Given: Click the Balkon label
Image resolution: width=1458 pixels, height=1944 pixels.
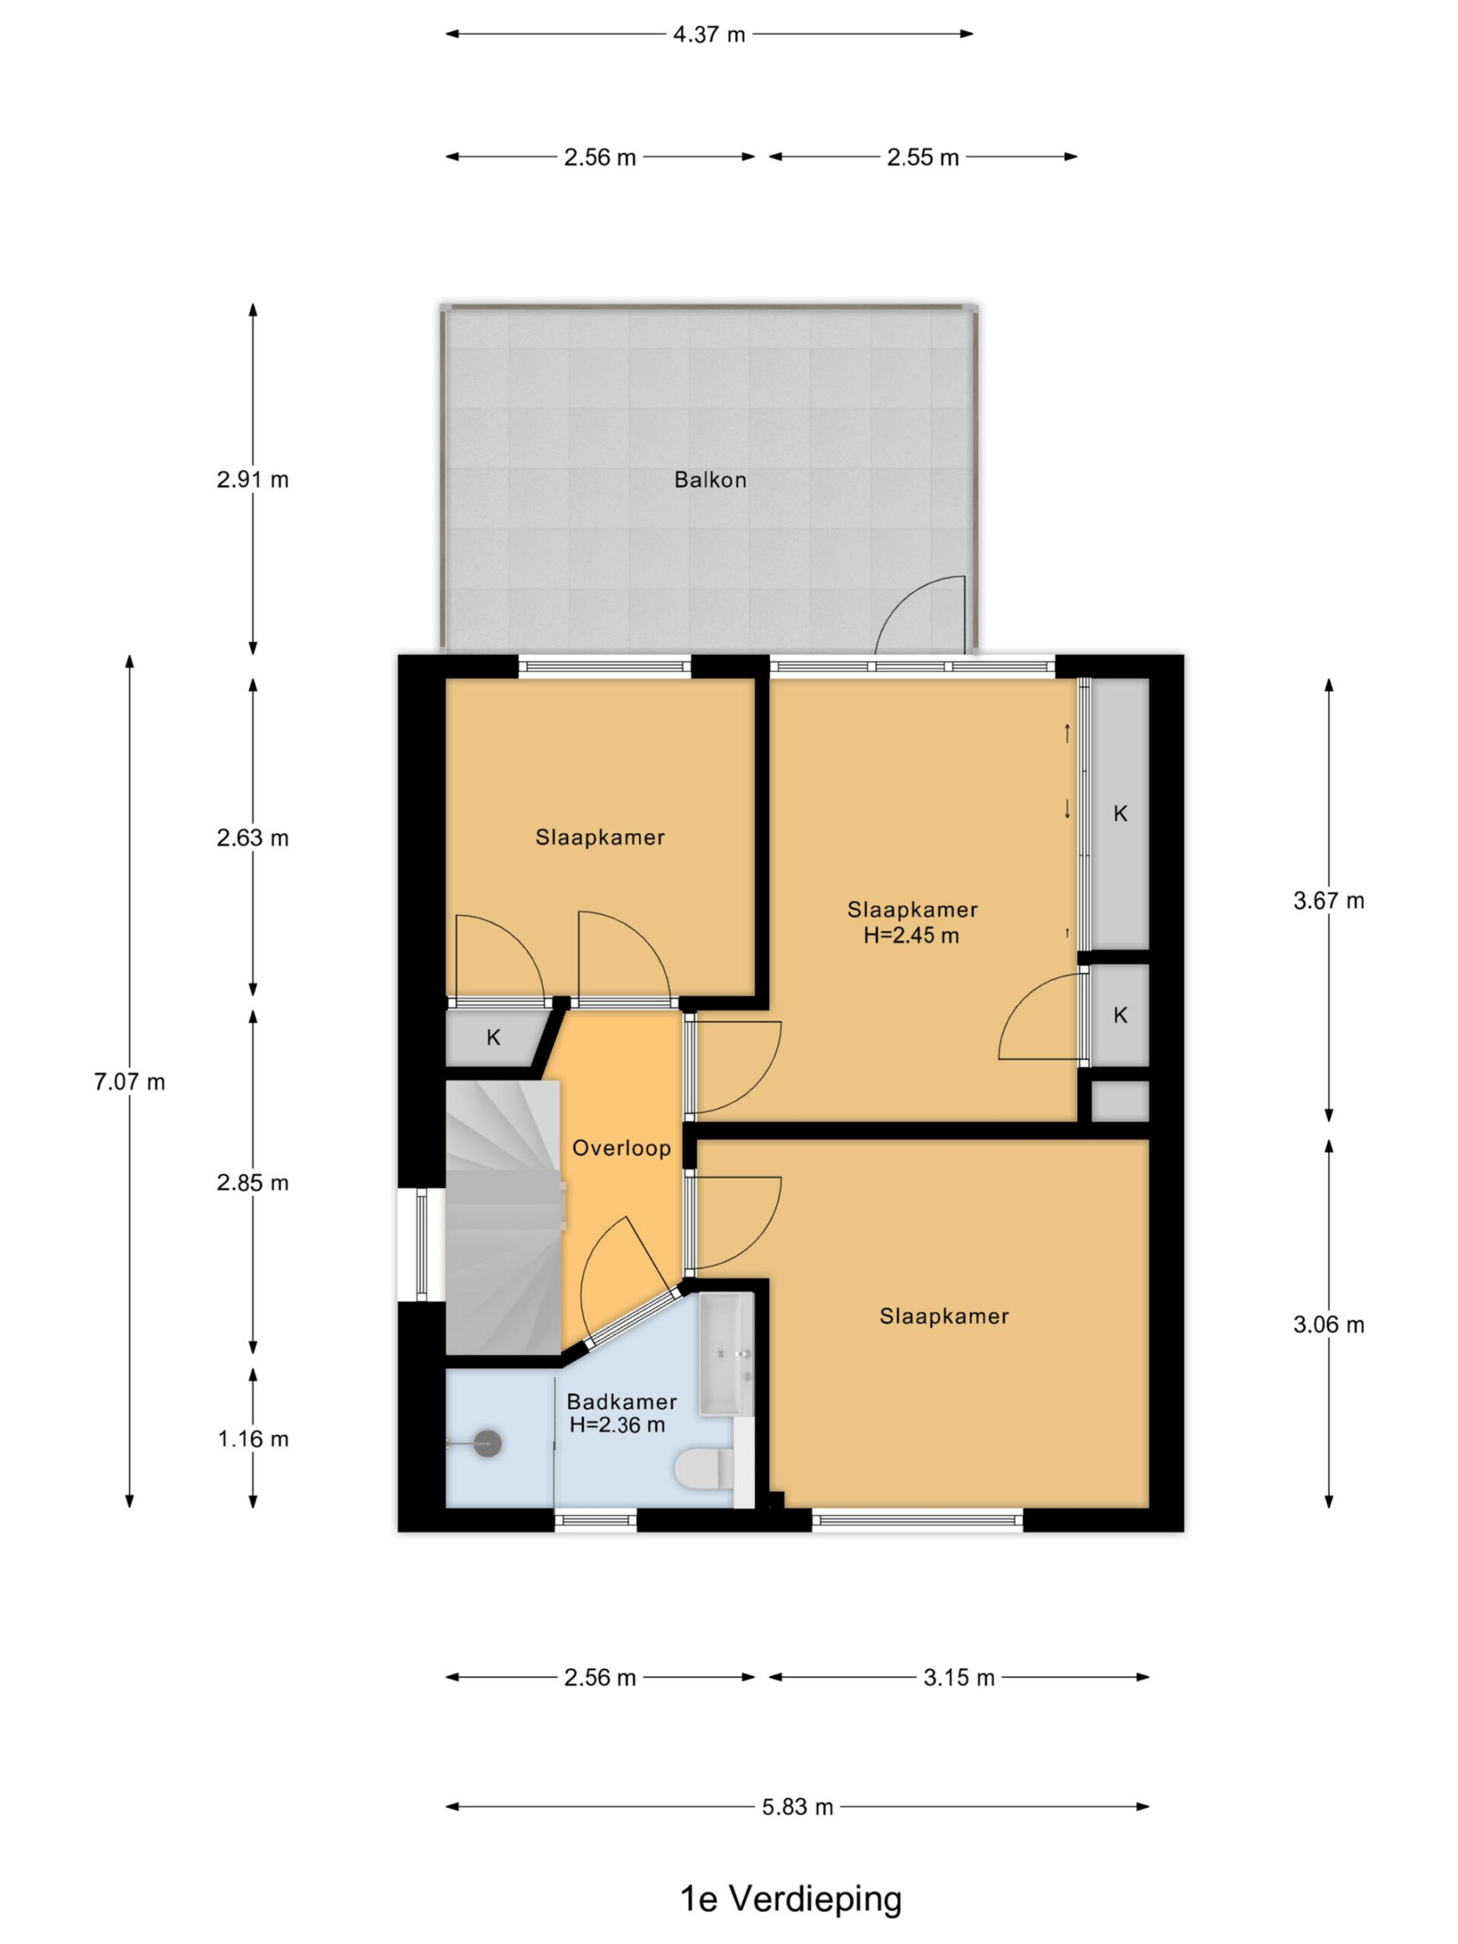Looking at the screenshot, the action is click(710, 480).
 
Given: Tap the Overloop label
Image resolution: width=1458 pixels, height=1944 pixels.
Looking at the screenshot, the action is click(621, 1147).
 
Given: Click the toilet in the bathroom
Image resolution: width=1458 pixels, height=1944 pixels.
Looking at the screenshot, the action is click(703, 1468).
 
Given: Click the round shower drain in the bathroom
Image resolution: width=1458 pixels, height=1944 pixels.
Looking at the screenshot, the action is click(488, 1443).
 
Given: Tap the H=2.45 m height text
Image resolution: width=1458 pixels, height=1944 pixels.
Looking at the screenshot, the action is click(911, 935).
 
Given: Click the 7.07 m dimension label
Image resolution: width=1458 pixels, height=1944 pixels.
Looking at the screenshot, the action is click(129, 1082).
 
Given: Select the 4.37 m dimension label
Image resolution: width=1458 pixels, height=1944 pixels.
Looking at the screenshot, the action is click(708, 34).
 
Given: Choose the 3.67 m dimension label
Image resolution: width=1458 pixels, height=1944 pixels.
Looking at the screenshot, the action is click(1329, 901).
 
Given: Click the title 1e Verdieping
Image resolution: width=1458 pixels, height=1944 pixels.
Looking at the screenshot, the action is click(791, 1899).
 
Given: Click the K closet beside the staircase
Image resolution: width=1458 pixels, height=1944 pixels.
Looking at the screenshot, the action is click(493, 1038).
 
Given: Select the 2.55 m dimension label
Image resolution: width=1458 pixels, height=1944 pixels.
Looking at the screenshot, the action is click(922, 157).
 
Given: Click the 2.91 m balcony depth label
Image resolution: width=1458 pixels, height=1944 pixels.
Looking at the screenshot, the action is click(253, 480).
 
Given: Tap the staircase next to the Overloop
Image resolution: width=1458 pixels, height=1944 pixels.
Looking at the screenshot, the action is click(503, 1217).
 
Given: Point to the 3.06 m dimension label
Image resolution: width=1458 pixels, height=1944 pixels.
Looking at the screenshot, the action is click(1329, 1324).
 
